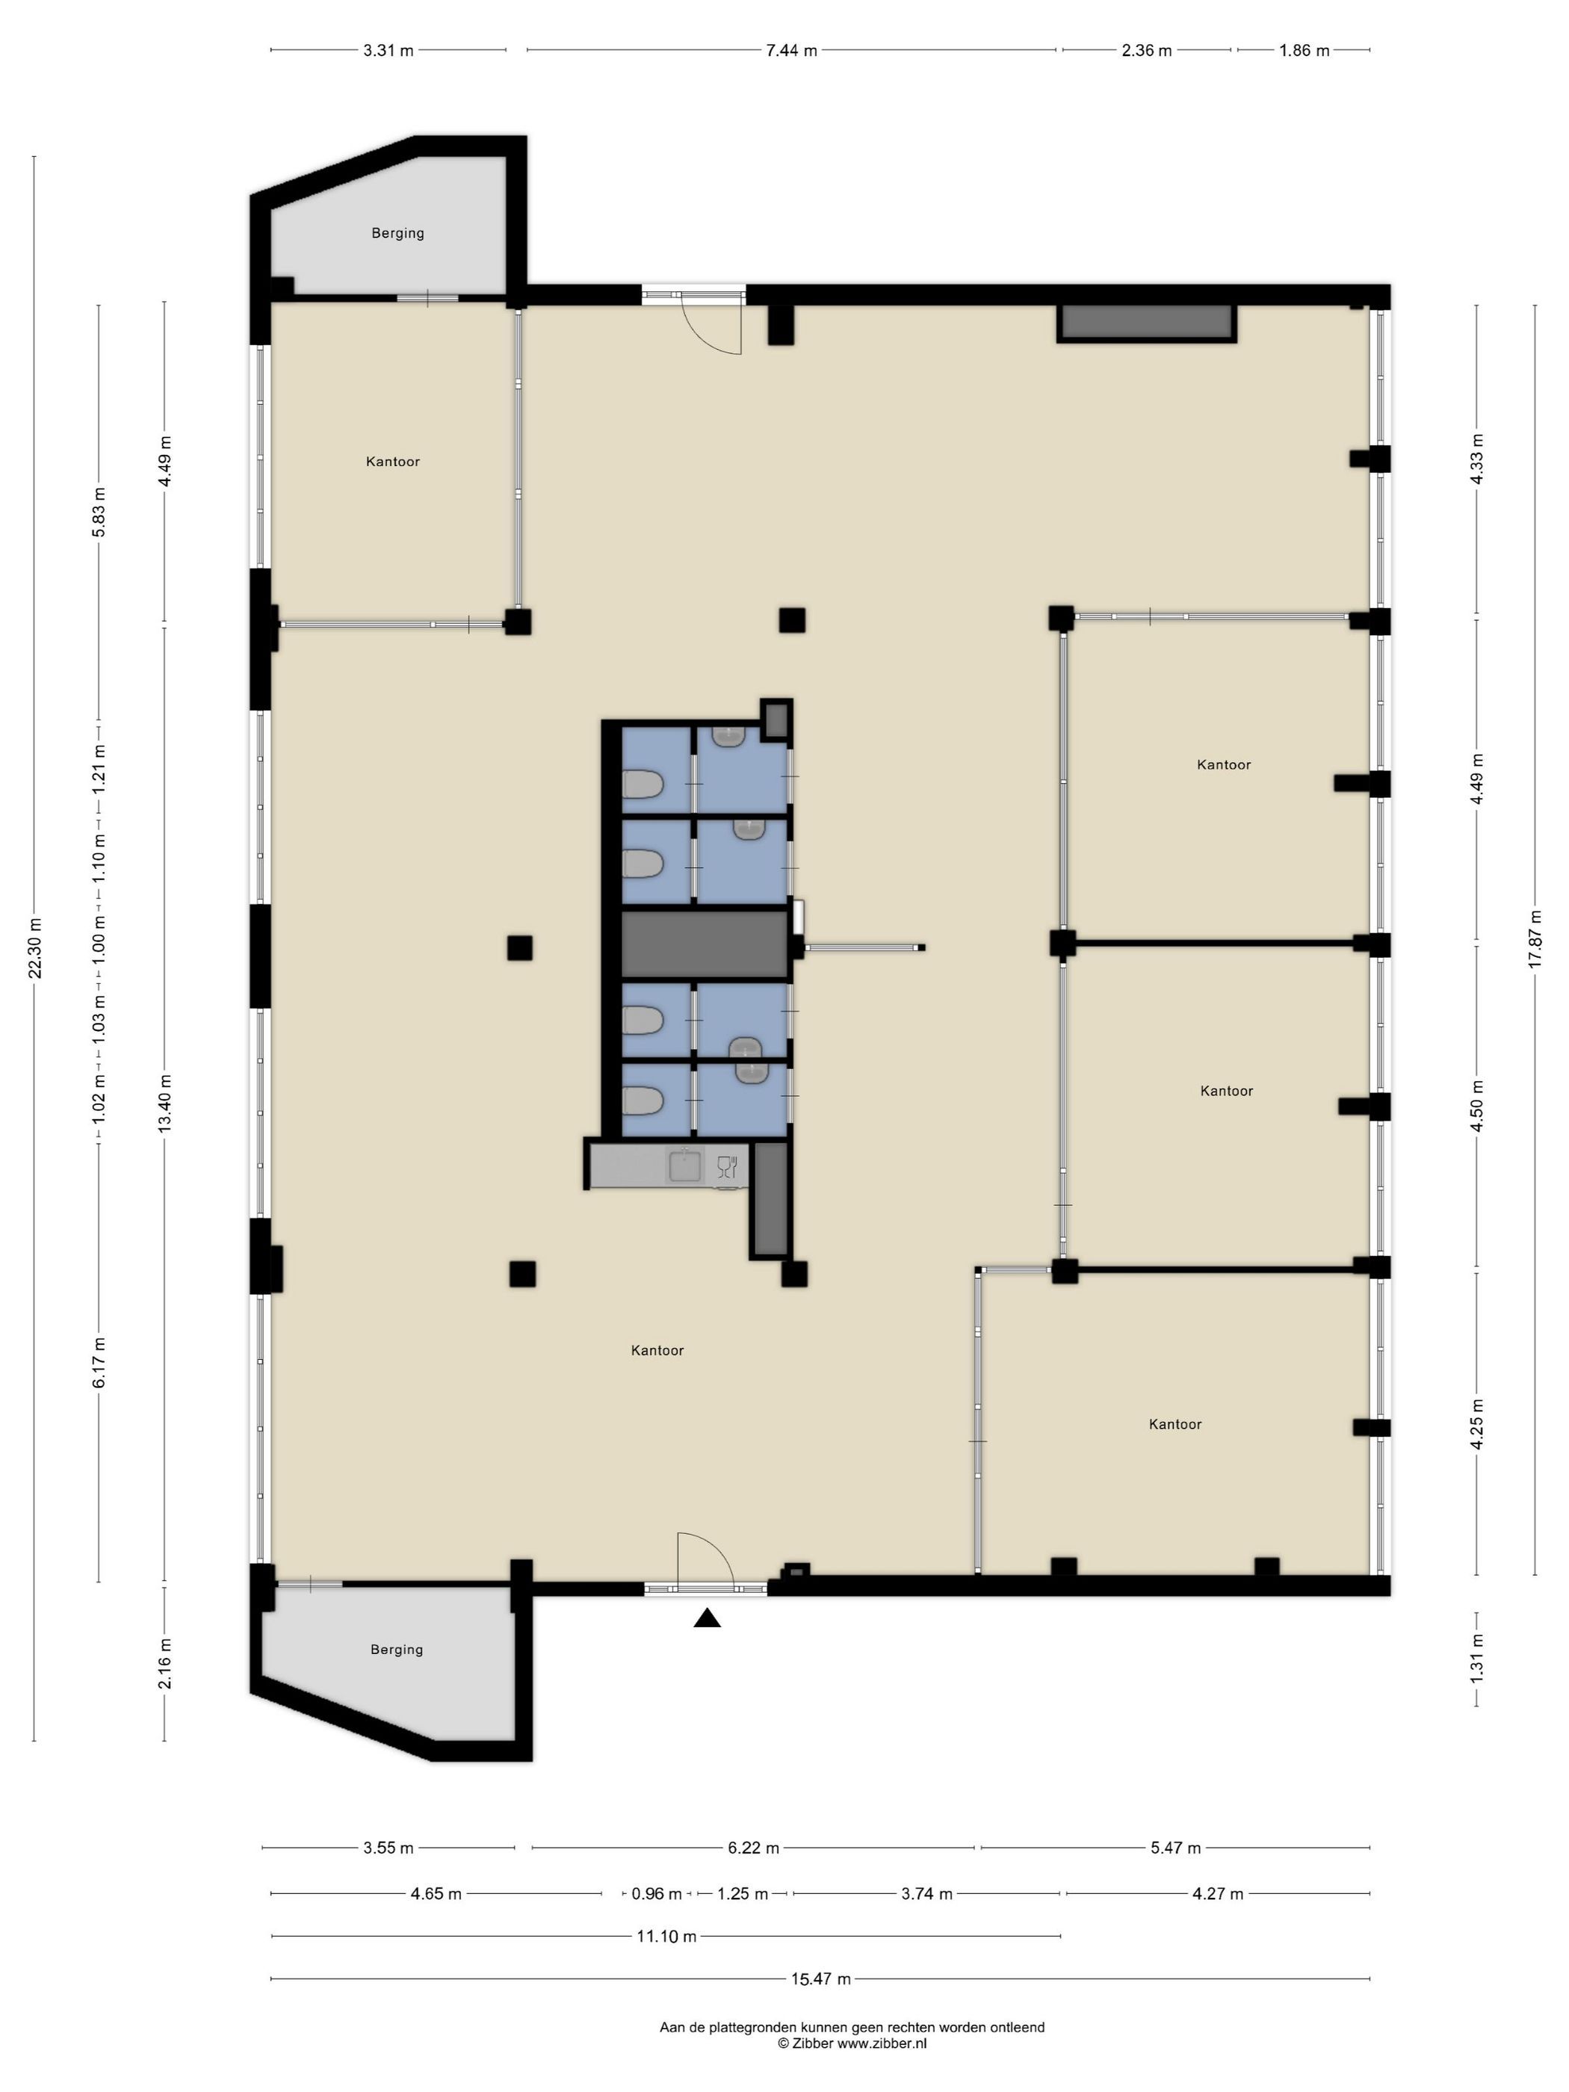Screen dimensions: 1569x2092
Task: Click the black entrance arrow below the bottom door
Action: pyautogui.click(x=707, y=1618)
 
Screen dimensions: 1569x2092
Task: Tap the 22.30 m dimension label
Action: pyautogui.click(x=36, y=947)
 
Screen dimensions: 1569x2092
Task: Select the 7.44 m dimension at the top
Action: pyautogui.click(x=791, y=51)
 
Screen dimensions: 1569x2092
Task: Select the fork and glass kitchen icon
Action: pyautogui.click(x=726, y=1166)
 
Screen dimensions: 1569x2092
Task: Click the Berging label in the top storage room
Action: pyautogui.click(x=397, y=232)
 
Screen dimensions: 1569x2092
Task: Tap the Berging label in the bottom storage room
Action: pyautogui.click(x=396, y=1650)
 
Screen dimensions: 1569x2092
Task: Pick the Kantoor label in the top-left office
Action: pyautogui.click(x=392, y=462)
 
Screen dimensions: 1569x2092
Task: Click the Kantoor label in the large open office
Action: pyautogui.click(x=657, y=1351)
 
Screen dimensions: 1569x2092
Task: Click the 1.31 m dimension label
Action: pyautogui.click(x=1476, y=1659)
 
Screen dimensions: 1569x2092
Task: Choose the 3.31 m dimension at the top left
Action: pyautogui.click(x=389, y=51)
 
